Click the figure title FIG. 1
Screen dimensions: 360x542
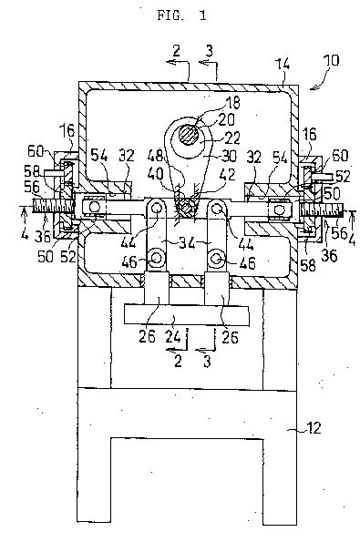pyautogui.click(x=181, y=15)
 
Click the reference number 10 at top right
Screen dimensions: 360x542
pyautogui.click(x=331, y=60)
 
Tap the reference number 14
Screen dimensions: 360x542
pyautogui.click(x=283, y=65)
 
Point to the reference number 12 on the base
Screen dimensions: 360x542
pyautogui.click(x=314, y=428)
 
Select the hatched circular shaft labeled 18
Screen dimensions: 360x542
pyautogui.click(x=190, y=135)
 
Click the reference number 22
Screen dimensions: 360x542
pyautogui.click(x=231, y=138)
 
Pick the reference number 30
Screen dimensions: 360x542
pyautogui.click(x=229, y=156)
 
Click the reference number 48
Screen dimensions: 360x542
pyautogui.click(x=154, y=155)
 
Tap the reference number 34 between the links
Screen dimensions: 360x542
pyautogui.click(x=188, y=243)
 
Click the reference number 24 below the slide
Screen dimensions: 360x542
pyautogui.click(x=173, y=337)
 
